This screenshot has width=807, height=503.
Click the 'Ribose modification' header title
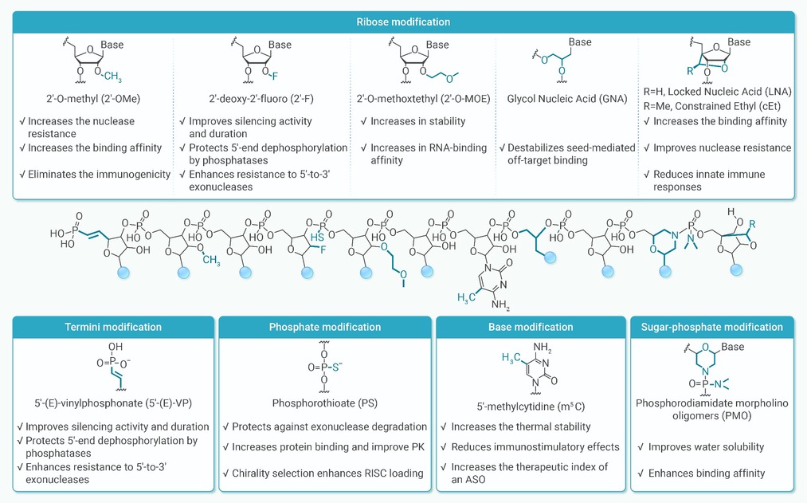coord(403,22)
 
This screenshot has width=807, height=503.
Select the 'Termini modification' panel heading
coord(113,327)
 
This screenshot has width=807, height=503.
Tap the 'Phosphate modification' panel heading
coord(325,327)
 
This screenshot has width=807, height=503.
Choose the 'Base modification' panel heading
coord(531,327)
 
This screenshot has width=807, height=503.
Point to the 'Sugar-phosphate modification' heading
coord(711,327)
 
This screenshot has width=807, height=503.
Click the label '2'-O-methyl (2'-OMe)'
coord(93,98)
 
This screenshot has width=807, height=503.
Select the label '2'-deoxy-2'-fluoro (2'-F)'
coord(261,98)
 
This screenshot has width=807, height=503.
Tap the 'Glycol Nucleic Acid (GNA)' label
coord(567,98)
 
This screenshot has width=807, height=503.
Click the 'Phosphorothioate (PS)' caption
coord(325,403)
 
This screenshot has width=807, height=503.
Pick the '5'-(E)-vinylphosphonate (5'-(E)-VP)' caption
coord(113,403)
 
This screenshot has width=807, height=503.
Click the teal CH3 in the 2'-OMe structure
coord(112,77)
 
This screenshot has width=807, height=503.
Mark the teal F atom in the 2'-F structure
coord(275,77)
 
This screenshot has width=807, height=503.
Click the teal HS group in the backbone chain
coord(317,238)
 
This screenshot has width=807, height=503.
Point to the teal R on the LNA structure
coord(690,70)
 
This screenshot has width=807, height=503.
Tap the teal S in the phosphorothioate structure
coord(336,367)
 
